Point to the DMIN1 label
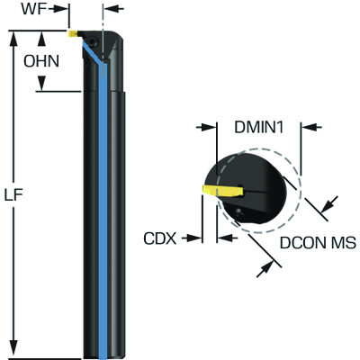[x=259, y=127]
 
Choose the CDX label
[x=159, y=238]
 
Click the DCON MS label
[x=311, y=243]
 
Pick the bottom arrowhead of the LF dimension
[x=14, y=351]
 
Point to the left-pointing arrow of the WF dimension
[x=110, y=10]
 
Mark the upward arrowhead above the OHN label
[x=43, y=39]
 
